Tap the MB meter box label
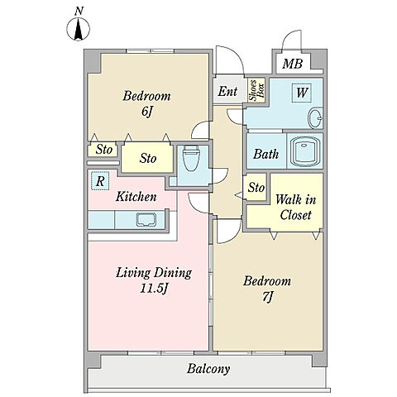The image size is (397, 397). click(293, 64)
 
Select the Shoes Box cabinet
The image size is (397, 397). click(256, 90)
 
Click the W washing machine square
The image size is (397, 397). click(302, 93)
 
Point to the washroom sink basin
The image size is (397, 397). click(315, 118)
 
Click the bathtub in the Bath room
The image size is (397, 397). click(304, 151)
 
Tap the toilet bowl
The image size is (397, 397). click(191, 159)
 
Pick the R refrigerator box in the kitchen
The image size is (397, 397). click(100, 181)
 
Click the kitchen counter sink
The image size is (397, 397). click(146, 219)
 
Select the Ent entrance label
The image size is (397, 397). click(227, 91)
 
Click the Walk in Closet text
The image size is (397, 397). click(295, 207)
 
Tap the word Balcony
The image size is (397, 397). click(208, 369)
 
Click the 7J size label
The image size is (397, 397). click(267, 297)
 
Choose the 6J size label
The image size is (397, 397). click(146, 112)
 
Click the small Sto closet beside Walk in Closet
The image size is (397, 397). click(256, 187)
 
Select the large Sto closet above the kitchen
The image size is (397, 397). click(147, 158)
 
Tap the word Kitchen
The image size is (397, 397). click(136, 197)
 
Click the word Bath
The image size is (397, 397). click(266, 154)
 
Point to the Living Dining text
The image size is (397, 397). click(154, 273)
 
